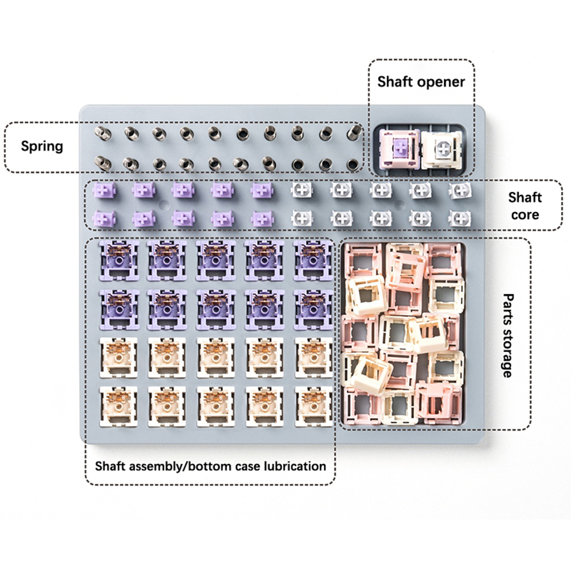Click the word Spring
coord(42,146)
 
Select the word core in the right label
coord(525,215)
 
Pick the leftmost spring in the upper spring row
coord(103,134)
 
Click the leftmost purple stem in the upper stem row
coord(104,190)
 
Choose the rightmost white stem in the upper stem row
coord(460,190)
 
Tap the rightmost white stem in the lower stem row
coord(460,218)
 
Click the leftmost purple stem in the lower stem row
coord(104,218)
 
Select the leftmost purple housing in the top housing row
coord(119,261)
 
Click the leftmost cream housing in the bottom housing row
coord(119,406)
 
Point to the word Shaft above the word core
coord(525,197)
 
